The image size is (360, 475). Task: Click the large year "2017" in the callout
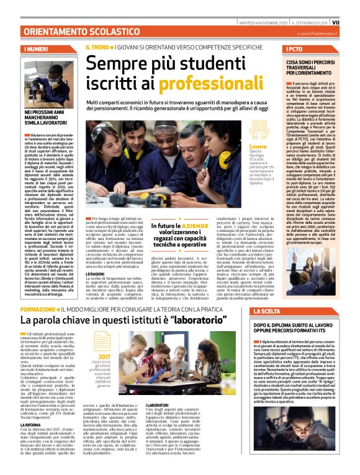tap(104, 357)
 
